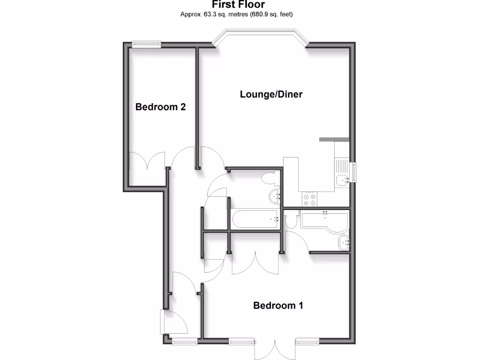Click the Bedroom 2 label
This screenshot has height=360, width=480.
coord(160,107)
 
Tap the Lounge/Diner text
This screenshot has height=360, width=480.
coord(271,94)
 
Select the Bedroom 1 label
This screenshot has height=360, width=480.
coord(278,306)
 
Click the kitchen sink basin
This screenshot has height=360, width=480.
coord(343,178)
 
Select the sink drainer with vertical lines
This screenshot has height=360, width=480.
coord(340,165)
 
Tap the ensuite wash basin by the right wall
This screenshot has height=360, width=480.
coord(344,242)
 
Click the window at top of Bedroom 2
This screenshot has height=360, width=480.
coord(146,44)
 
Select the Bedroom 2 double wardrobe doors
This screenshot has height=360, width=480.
coord(147,161)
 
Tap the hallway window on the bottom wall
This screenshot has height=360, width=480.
coord(184,342)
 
